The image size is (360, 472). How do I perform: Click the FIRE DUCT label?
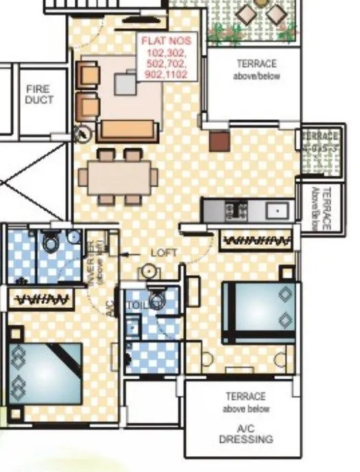coord(38,95)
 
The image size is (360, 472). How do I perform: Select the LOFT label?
coord(163,253)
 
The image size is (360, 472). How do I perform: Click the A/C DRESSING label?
coord(245,434)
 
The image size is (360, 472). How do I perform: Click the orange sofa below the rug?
coord(126,130)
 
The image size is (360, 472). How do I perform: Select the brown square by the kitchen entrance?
coord(218,141)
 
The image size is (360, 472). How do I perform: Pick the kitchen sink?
coord(278,211)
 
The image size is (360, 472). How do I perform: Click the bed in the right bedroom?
coord(259,313)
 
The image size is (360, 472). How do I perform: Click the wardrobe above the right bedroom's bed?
coord(257,240)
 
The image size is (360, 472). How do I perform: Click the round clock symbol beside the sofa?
coord(84,133)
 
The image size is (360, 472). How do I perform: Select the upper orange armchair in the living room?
coord(88,73)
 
